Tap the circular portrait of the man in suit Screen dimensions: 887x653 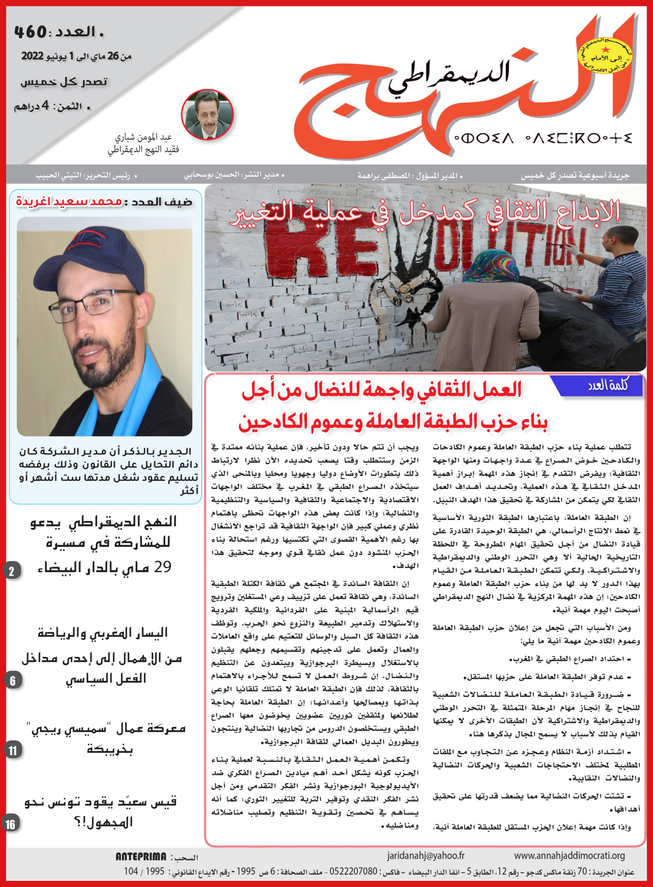pos(207,114)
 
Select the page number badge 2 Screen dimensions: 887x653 pos(12,571)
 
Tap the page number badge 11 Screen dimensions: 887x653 pos(13,750)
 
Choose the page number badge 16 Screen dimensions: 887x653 pos(11,824)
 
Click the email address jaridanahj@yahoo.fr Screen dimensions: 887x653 pos(426,855)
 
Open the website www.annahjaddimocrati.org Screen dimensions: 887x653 pos(569,855)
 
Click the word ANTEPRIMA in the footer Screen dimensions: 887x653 pos(141,857)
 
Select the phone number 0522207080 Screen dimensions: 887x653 pos(353,871)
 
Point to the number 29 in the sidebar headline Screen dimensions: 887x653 pos(162,567)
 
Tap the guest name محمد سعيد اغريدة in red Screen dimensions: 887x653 pos(69,201)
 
